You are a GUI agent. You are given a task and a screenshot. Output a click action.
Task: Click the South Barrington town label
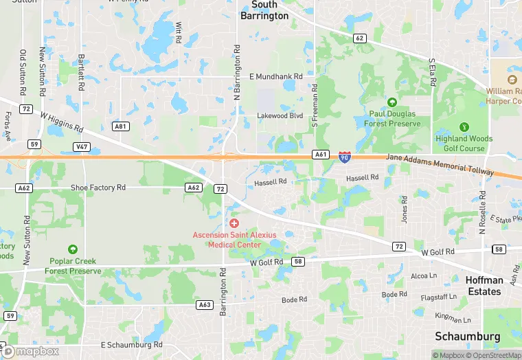tap(264, 10)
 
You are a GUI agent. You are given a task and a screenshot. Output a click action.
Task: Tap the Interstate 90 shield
tap(344, 157)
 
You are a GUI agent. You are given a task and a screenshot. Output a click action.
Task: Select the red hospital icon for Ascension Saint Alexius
tap(234, 223)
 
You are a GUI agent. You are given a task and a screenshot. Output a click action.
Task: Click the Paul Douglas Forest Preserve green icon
tap(392, 102)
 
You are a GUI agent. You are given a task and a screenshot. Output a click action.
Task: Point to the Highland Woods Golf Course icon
tap(464, 127)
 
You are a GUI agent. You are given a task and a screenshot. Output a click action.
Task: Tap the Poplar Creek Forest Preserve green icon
tap(72, 249)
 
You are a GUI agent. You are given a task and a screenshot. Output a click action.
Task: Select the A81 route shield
tap(121, 126)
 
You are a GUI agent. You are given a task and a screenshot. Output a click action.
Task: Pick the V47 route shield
tap(82, 147)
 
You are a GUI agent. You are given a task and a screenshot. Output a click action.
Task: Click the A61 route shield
tap(321, 155)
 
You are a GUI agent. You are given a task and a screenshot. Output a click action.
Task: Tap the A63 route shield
tap(204, 304)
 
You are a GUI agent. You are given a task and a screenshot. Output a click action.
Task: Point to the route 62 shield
tap(359, 38)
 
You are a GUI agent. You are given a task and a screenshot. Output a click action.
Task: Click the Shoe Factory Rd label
tap(98, 188)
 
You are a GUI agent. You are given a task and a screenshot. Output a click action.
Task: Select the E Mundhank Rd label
tap(276, 76)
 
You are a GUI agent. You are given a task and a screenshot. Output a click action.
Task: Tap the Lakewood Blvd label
tap(280, 115)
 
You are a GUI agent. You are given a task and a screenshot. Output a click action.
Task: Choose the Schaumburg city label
tap(477, 337)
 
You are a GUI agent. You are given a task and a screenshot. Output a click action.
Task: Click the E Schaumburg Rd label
tap(131, 345)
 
